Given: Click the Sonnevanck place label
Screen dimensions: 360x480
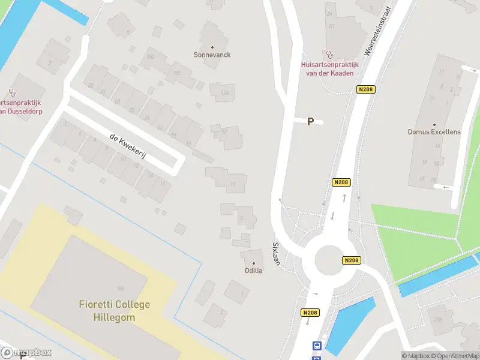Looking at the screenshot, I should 212,55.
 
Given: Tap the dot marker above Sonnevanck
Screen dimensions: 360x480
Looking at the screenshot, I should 212,46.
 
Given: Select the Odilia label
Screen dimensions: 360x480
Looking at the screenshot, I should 253,271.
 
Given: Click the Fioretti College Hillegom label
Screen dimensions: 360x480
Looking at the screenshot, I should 114,311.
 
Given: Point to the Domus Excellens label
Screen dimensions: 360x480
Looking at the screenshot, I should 434,132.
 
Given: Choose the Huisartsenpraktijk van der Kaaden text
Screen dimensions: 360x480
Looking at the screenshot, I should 329,68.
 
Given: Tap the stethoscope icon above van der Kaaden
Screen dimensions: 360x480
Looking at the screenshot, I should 328,55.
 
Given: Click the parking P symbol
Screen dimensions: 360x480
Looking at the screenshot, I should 310,122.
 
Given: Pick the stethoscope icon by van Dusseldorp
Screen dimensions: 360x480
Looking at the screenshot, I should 11,92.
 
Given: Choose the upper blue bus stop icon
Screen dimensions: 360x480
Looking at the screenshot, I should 316,346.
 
